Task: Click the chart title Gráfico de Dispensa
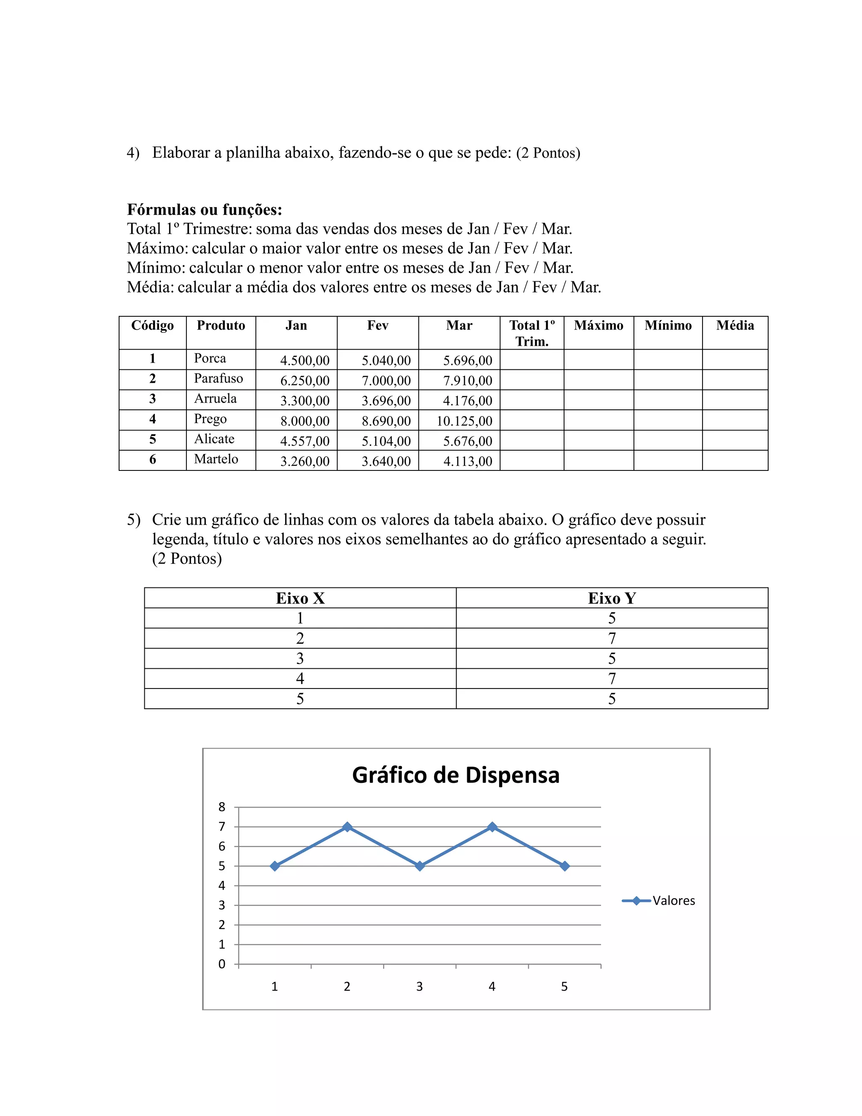[455, 775]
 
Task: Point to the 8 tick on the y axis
[222, 807]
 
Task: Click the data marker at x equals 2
[347, 827]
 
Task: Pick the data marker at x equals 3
[420, 866]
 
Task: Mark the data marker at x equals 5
[564, 866]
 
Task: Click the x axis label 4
[492, 987]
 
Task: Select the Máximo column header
[599, 326]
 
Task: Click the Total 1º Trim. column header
[532, 333]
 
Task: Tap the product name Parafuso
[218, 379]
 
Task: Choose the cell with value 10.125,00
[464, 421]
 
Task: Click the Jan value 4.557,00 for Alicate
[305, 441]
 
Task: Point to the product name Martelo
[216, 459]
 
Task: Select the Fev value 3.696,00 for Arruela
[386, 400]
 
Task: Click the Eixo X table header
[300, 598]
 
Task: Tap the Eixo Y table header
[612, 598]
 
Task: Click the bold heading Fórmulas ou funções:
[204, 209]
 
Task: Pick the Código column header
[152, 326]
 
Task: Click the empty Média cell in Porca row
[735, 360]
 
